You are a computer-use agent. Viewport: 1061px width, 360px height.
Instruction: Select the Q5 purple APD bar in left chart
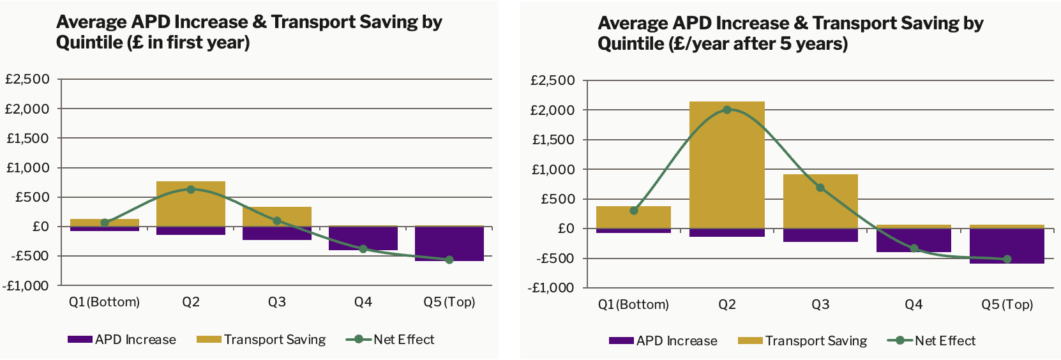tap(449, 243)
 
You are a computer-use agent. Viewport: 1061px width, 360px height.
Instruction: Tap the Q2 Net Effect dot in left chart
tap(191, 190)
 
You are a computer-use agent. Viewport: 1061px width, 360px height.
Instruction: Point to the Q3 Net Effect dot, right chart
tap(820, 188)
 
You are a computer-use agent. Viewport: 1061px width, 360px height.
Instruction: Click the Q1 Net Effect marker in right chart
tap(634, 211)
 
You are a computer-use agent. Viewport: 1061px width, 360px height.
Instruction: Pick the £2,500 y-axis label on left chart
tap(27, 79)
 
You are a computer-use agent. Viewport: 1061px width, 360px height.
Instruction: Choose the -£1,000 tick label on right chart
tap(551, 287)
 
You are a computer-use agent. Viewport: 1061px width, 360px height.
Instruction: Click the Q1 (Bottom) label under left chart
tap(104, 302)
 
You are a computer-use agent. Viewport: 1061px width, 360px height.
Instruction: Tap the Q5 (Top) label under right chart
tap(1007, 304)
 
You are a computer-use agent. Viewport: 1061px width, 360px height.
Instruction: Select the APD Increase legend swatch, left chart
tap(80, 340)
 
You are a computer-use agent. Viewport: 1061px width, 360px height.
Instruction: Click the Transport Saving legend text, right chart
tap(816, 341)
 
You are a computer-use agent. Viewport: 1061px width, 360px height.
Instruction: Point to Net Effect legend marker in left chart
tap(359, 340)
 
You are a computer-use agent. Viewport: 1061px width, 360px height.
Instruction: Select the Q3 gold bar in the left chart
tap(277, 217)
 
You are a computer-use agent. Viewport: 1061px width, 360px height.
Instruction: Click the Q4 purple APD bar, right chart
tap(914, 240)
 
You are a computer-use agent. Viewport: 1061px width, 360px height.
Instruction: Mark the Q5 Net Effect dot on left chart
tap(449, 260)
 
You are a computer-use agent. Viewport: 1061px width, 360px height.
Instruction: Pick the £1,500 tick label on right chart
tap(553, 140)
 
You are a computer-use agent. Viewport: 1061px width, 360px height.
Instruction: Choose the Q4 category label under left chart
tap(363, 302)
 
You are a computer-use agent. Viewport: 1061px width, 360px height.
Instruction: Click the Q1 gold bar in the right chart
tap(633, 218)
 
